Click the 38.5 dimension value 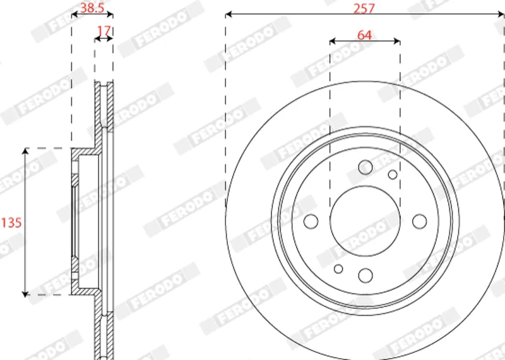pyautogui.click(x=92, y=8)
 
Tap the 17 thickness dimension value pyautogui.click(x=104, y=30)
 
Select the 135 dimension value pyautogui.click(x=11, y=222)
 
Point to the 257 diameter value pyautogui.click(x=364, y=8)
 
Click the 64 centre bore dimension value pyautogui.click(x=365, y=35)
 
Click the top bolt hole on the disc pyautogui.click(x=365, y=167)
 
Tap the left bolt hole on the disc pyautogui.click(x=311, y=222)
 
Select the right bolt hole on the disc pyautogui.click(x=419, y=222)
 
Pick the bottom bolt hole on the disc pyautogui.click(x=365, y=275)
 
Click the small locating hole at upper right pyautogui.click(x=393, y=175)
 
